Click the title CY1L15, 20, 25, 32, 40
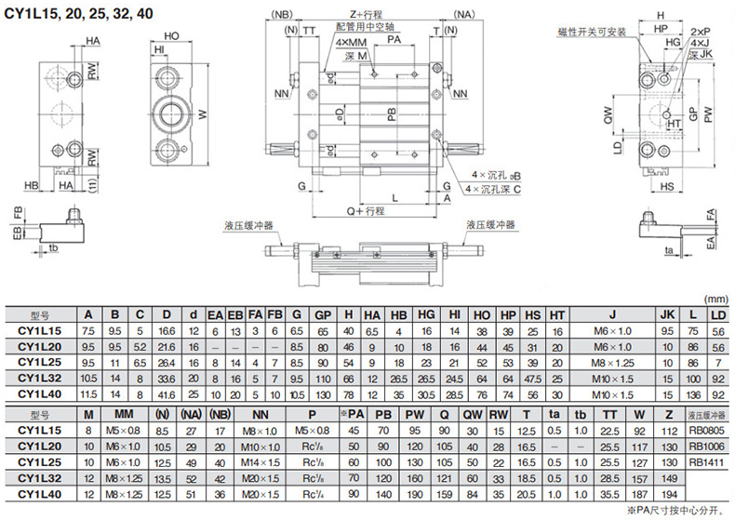[x=79, y=14]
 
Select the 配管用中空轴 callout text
[x=363, y=28]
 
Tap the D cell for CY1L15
[x=167, y=330]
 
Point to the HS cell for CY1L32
[x=532, y=376]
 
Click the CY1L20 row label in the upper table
[x=41, y=345]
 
